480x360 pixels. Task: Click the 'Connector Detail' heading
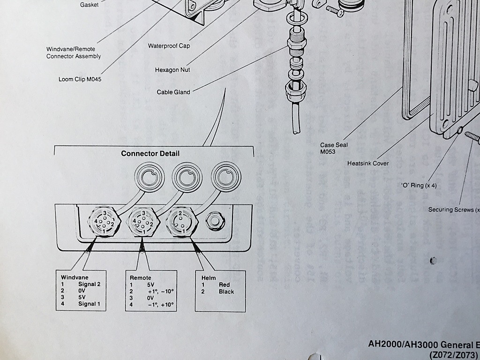150,153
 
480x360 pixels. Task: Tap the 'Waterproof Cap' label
169,46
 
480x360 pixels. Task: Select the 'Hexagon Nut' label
172,70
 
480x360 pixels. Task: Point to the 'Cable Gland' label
173,92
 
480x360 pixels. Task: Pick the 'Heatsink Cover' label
368,164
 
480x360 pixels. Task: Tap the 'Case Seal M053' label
334,148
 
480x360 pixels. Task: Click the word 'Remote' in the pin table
141,278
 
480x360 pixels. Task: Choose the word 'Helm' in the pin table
208,278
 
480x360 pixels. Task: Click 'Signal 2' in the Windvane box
89,284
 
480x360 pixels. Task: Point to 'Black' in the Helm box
226,292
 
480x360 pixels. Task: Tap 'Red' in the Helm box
224,285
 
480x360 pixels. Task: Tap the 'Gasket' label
89,5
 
